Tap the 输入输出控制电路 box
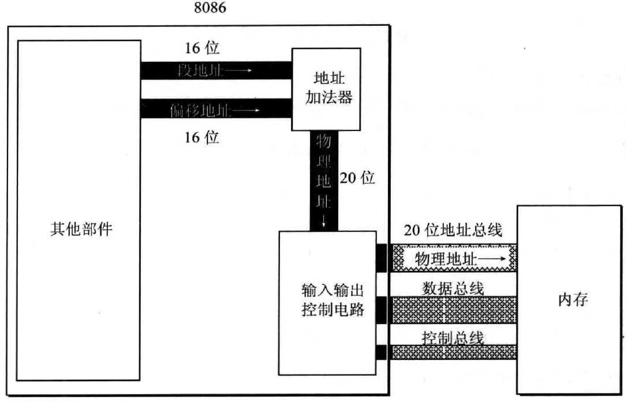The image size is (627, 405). (x=327, y=302)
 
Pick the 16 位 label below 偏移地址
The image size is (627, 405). (x=202, y=138)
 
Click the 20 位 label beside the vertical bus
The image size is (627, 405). (x=358, y=178)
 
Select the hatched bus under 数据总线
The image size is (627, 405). (x=453, y=309)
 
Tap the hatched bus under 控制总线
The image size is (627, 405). (x=453, y=352)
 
